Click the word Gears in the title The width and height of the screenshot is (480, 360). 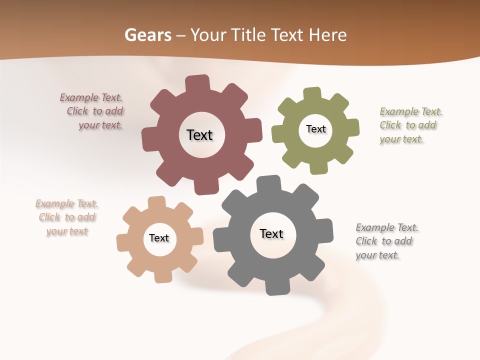[x=147, y=35]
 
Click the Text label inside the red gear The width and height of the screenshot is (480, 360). [x=199, y=135]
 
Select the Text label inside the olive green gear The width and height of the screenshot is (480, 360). [x=315, y=129]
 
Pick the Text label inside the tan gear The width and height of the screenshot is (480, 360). [x=159, y=238]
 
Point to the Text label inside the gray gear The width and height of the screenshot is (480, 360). [x=271, y=233]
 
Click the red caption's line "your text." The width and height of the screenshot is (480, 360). [x=100, y=125]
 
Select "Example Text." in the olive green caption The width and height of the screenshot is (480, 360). [x=411, y=111]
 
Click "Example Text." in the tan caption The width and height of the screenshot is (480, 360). [x=67, y=203]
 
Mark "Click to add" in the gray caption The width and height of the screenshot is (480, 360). [x=384, y=241]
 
